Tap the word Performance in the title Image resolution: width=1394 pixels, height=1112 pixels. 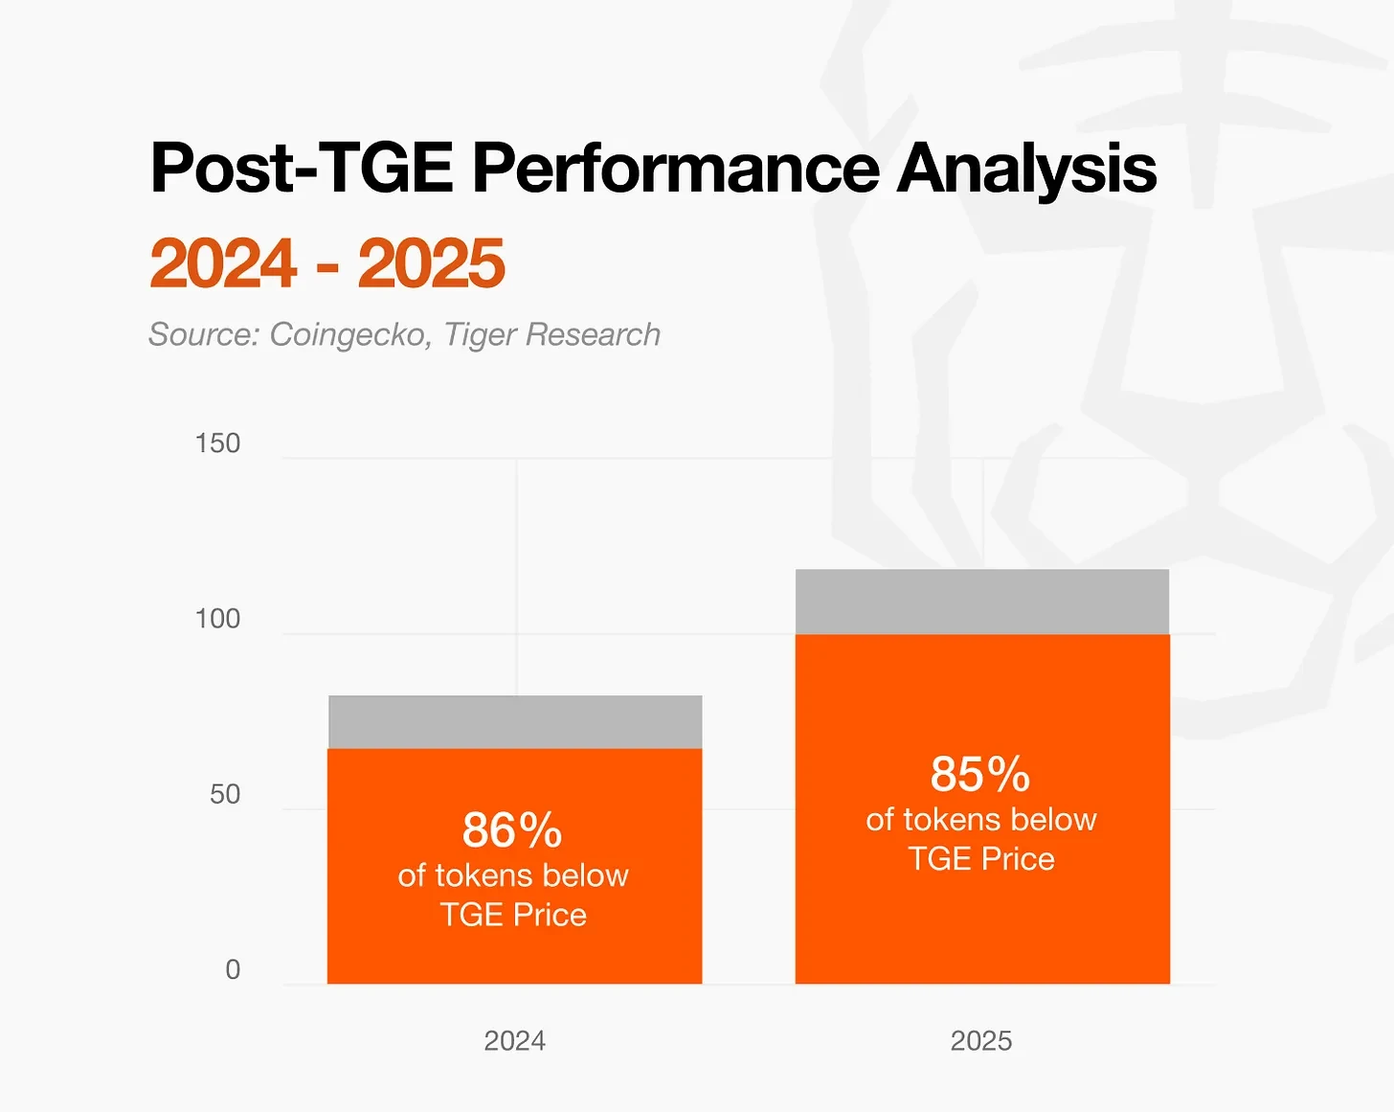coord(675,169)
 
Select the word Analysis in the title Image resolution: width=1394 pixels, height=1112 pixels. coord(1026,170)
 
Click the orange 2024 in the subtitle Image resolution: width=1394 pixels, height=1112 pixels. coord(223,263)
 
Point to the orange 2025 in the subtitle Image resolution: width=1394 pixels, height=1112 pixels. coord(431,263)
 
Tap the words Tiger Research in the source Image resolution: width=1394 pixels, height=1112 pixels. coord(552,334)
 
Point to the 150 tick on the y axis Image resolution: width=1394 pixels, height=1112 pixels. coord(217,443)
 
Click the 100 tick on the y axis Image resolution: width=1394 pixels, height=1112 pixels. coord(217,619)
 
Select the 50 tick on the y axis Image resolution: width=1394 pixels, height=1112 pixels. coord(225,794)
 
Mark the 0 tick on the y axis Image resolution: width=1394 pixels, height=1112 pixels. coord(233,969)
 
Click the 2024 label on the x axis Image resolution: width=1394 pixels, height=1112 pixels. coord(514,1041)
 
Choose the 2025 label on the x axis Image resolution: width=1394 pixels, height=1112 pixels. coord(981,1041)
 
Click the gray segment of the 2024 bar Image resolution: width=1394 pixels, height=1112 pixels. coord(515,722)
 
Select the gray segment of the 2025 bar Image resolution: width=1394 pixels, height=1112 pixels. coord(982,601)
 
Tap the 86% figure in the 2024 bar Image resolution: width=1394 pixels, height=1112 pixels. coord(512,830)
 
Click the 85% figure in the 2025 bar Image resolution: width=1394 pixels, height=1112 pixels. coord(980,774)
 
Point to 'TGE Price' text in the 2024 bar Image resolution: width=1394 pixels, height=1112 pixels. coord(513,915)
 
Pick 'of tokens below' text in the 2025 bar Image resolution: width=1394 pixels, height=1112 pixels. coord(981,820)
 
